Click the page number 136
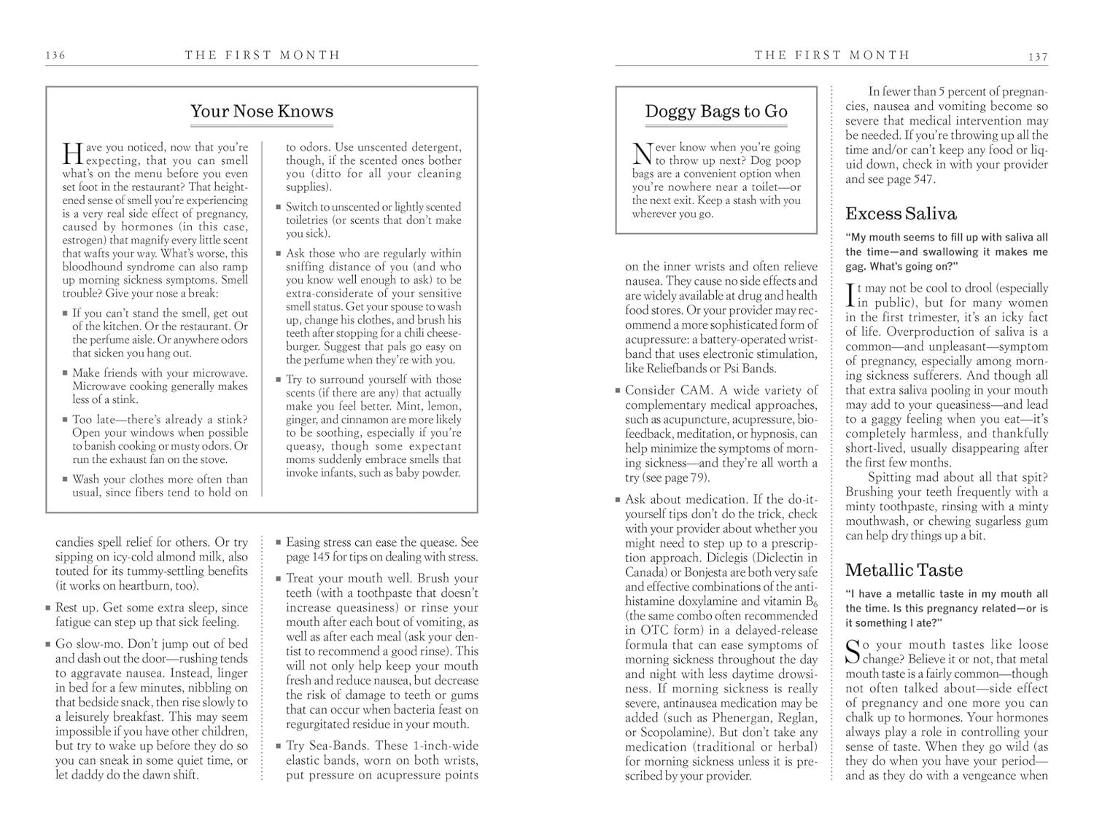(55, 55)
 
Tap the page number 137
(1038, 57)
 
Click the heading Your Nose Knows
(262, 112)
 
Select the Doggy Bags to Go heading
(716, 112)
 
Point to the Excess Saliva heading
(901, 214)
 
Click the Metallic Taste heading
(904, 570)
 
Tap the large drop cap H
(72, 154)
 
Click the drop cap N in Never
(642, 154)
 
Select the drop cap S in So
(853, 652)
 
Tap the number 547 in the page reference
(920, 179)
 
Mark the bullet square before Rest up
(47, 608)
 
